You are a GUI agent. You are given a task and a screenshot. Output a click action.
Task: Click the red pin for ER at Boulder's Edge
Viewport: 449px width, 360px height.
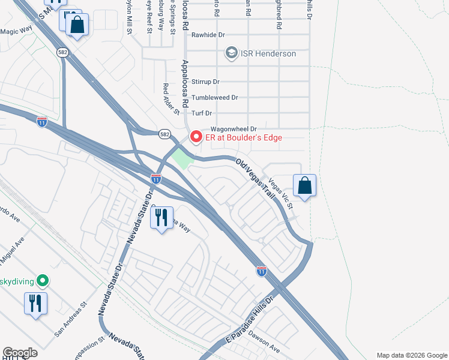pos(196,137)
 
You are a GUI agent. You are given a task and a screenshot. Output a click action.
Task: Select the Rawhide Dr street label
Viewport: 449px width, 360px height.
pos(207,34)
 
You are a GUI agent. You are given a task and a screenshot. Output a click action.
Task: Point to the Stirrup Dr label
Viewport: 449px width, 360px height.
pos(206,82)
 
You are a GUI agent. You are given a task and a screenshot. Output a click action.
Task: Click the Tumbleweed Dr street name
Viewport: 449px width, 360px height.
pos(214,97)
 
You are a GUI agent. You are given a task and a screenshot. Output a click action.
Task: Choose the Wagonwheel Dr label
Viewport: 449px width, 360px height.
pos(234,129)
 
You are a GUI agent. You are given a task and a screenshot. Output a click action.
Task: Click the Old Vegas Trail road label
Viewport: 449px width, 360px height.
pos(255,179)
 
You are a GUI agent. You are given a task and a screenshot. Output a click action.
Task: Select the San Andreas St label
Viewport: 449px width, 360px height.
pos(70,328)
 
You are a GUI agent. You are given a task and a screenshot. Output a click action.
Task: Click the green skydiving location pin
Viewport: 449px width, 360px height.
pos(42,280)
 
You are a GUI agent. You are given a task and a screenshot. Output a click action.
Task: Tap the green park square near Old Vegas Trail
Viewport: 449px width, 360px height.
pos(182,158)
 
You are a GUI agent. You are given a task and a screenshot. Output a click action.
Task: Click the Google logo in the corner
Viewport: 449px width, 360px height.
pos(20,353)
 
